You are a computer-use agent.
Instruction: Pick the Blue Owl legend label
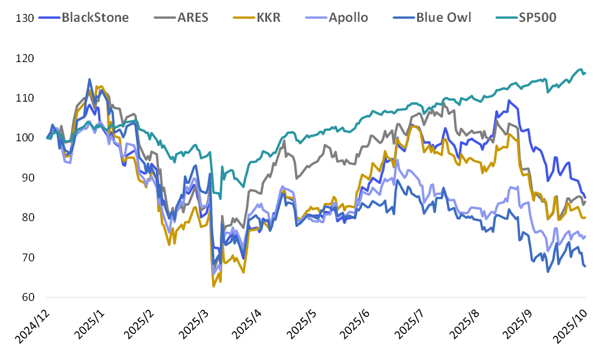point(444,17)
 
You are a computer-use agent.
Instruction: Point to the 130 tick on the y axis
point(25,18)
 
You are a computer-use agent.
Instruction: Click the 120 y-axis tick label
point(25,59)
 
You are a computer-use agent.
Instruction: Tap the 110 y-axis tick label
point(25,98)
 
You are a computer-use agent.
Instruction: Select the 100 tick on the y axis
point(25,138)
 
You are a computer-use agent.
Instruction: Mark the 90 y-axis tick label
point(27,178)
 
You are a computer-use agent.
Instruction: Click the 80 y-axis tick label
point(27,218)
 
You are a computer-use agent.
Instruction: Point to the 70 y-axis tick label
point(27,258)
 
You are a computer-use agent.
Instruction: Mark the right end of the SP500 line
point(585,73)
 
